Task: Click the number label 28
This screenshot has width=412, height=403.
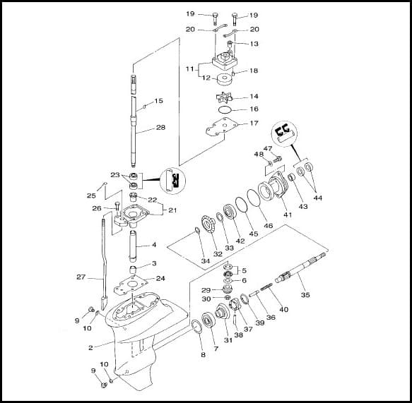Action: pos(160,128)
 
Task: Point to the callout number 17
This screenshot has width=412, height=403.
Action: pos(254,124)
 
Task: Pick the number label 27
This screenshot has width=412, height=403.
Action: pos(81,277)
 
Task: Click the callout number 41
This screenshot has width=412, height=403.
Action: pos(287,214)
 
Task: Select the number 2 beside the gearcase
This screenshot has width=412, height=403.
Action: pos(90,348)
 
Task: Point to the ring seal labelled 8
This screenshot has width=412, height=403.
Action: pos(195,326)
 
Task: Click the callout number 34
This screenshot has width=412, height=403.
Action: pos(205,261)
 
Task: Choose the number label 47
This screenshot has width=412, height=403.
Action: pos(268,149)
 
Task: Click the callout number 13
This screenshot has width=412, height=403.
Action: pos(254,44)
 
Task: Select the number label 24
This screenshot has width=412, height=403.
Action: pos(160,278)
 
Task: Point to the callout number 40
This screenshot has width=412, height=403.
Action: pos(284,309)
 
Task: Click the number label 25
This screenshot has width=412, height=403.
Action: pos(90,196)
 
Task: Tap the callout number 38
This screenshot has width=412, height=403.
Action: pos(238,335)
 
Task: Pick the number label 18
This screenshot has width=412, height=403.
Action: pos(254,71)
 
